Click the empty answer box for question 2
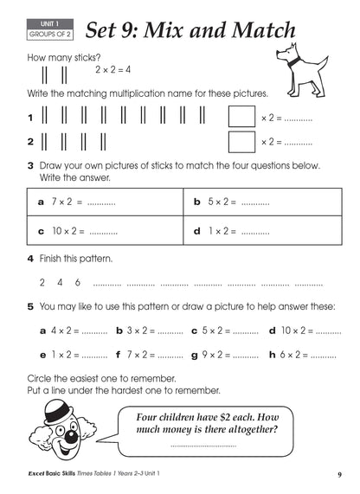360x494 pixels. point(241,141)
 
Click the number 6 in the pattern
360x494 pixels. point(78,282)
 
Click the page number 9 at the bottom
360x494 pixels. point(340,474)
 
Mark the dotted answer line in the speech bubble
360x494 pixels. point(203,446)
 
